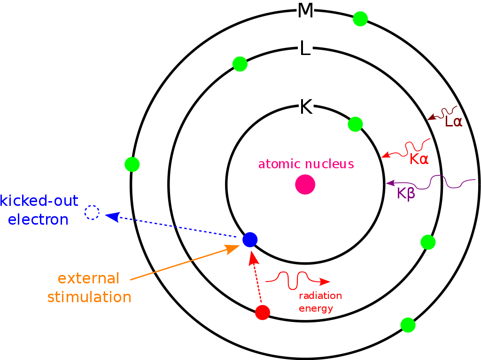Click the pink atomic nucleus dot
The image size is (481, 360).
pos(305,184)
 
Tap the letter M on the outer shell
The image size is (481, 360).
pos(305,10)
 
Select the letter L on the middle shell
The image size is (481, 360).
pos(305,48)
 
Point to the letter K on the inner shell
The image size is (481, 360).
pos(306,107)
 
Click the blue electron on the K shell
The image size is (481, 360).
pos(250,240)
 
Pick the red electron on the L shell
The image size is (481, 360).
pos(263,313)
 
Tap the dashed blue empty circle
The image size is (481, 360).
pos(92,212)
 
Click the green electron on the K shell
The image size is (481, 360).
pos(356,124)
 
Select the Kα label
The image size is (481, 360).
pos(419,159)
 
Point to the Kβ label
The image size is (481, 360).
pos(406,193)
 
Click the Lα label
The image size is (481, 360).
pos(453,122)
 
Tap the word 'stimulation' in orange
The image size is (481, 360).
pos(89,297)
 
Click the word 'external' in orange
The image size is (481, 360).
pos(88,278)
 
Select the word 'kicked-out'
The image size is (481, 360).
pos(39,201)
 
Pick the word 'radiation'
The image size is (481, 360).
pos(320,296)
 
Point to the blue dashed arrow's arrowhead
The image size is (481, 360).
pos(112,216)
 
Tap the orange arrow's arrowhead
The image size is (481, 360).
pos(232,249)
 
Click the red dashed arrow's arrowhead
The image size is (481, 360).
pos(253,258)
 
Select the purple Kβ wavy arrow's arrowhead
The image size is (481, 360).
pos(390,183)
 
